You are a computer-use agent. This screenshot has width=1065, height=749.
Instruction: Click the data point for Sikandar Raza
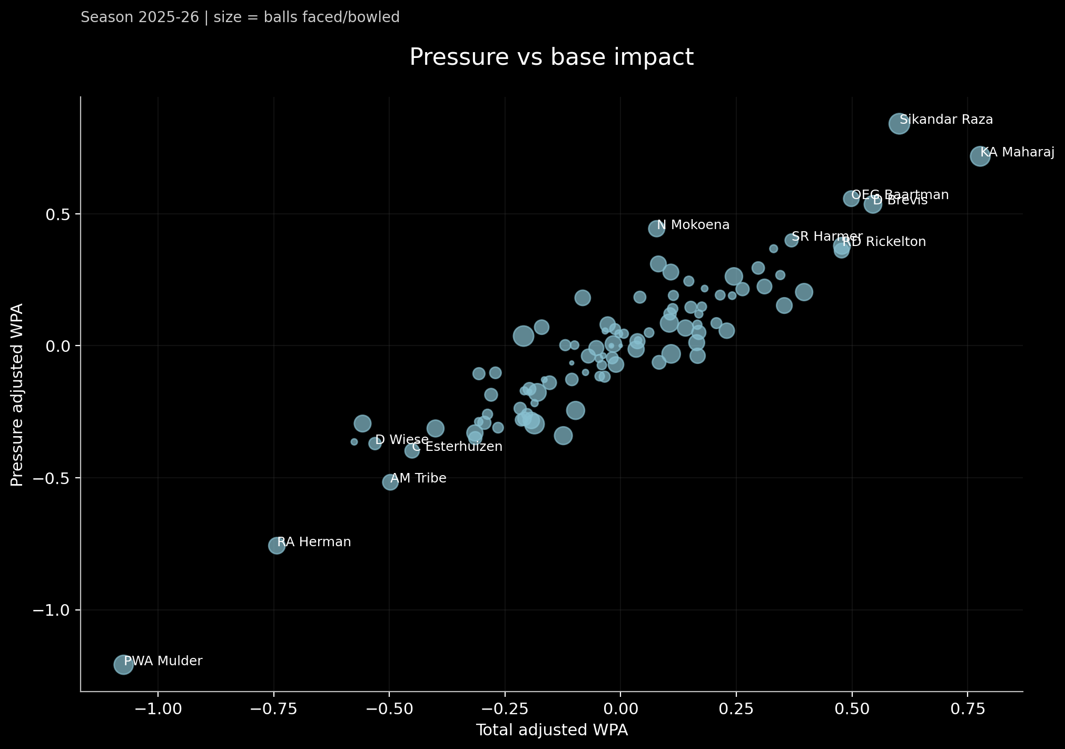tap(899, 124)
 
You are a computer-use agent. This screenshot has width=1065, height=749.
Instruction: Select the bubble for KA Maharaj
tap(980, 156)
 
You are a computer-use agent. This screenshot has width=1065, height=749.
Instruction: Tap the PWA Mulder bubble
tap(123, 664)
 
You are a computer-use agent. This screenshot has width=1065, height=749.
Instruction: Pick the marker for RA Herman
tap(277, 545)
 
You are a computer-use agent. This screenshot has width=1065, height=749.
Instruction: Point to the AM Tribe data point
tap(390, 481)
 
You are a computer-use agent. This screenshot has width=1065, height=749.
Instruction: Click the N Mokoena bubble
tap(656, 228)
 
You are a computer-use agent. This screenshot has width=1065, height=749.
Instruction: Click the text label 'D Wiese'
tap(401, 439)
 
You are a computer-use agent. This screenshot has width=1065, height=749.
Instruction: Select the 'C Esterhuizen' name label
tap(457, 447)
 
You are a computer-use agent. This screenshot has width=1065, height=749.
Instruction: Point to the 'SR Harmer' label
tap(827, 236)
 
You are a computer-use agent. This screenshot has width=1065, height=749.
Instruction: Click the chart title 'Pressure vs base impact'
tap(551, 57)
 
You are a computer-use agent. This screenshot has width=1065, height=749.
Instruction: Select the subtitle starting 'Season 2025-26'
tap(240, 17)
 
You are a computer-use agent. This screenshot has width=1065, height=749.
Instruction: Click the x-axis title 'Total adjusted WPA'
tap(551, 730)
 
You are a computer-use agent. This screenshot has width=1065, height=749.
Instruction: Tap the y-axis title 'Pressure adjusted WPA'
tap(17, 395)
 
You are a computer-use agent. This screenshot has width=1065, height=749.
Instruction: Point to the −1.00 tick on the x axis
tap(158, 709)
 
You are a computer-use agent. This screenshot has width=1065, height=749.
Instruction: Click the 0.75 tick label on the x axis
tap(968, 709)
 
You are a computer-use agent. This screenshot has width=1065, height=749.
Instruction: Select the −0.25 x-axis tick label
tap(505, 709)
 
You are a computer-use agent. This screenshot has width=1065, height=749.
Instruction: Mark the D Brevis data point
tap(873, 204)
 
